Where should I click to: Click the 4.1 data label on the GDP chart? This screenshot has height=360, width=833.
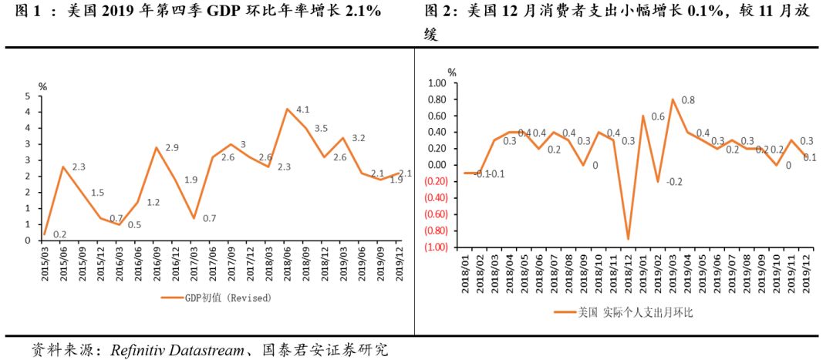click(303, 109)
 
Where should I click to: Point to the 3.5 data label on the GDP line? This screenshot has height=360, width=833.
click(321, 129)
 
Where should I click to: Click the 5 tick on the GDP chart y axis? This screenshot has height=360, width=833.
click(28, 96)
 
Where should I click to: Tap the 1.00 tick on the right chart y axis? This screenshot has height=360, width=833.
click(437, 82)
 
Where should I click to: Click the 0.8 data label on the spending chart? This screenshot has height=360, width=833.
click(688, 100)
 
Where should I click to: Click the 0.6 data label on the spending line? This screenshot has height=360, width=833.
click(657, 116)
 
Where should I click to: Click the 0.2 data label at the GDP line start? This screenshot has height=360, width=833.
click(59, 234)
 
